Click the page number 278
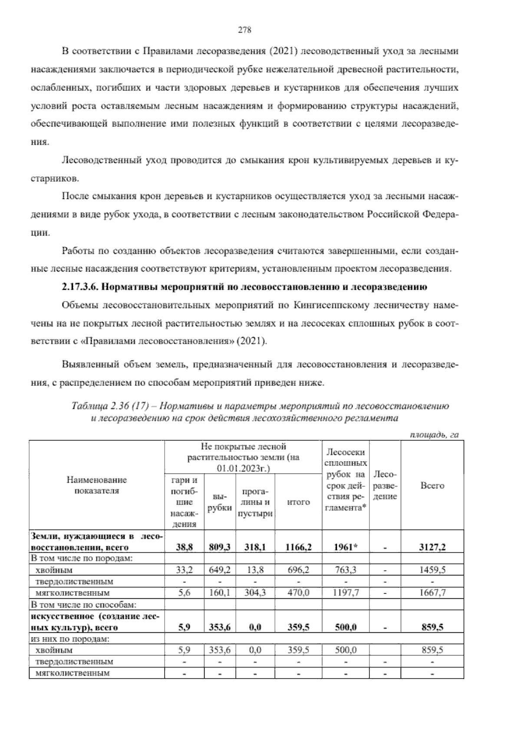click(245, 30)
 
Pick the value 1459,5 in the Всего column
click(432, 569)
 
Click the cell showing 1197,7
click(345, 592)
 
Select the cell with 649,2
click(219, 569)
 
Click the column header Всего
click(432, 485)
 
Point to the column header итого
click(299, 502)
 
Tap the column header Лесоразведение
click(385, 485)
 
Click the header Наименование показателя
click(97, 485)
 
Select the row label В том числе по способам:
click(83, 604)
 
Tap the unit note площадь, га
click(435, 435)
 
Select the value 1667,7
click(432, 592)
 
